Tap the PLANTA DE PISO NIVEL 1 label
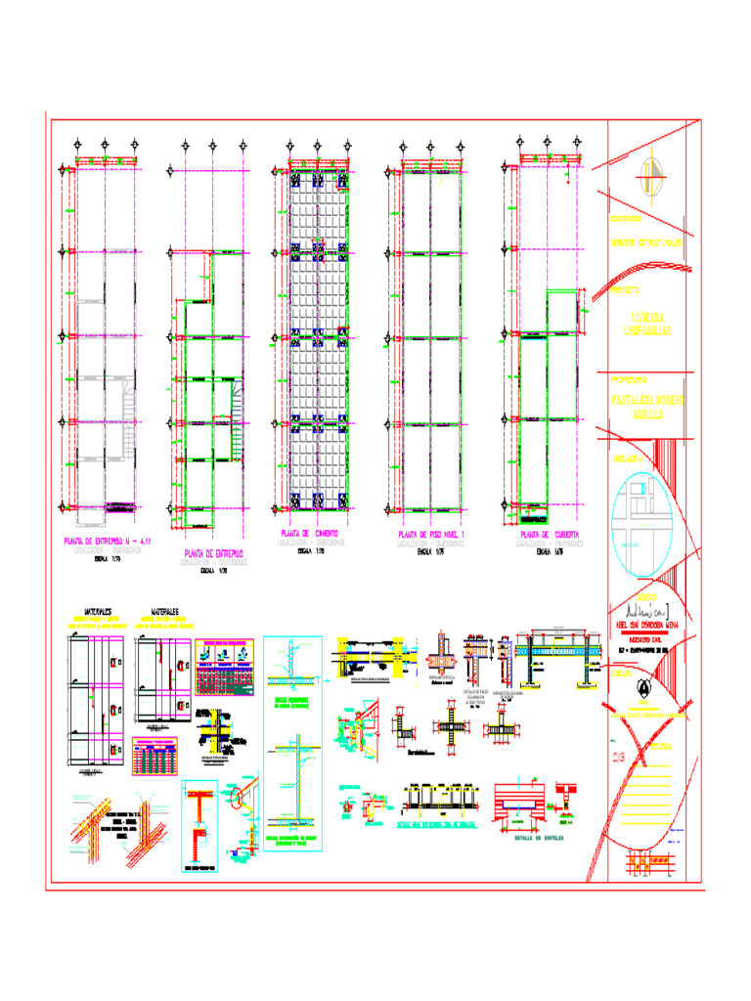coord(432,536)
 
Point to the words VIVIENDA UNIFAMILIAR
coord(646,325)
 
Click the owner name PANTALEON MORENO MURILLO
coord(647,407)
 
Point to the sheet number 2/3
coord(619,756)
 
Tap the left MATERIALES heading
coord(98,609)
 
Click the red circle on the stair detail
coord(238,797)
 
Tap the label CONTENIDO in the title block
coord(627,217)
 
